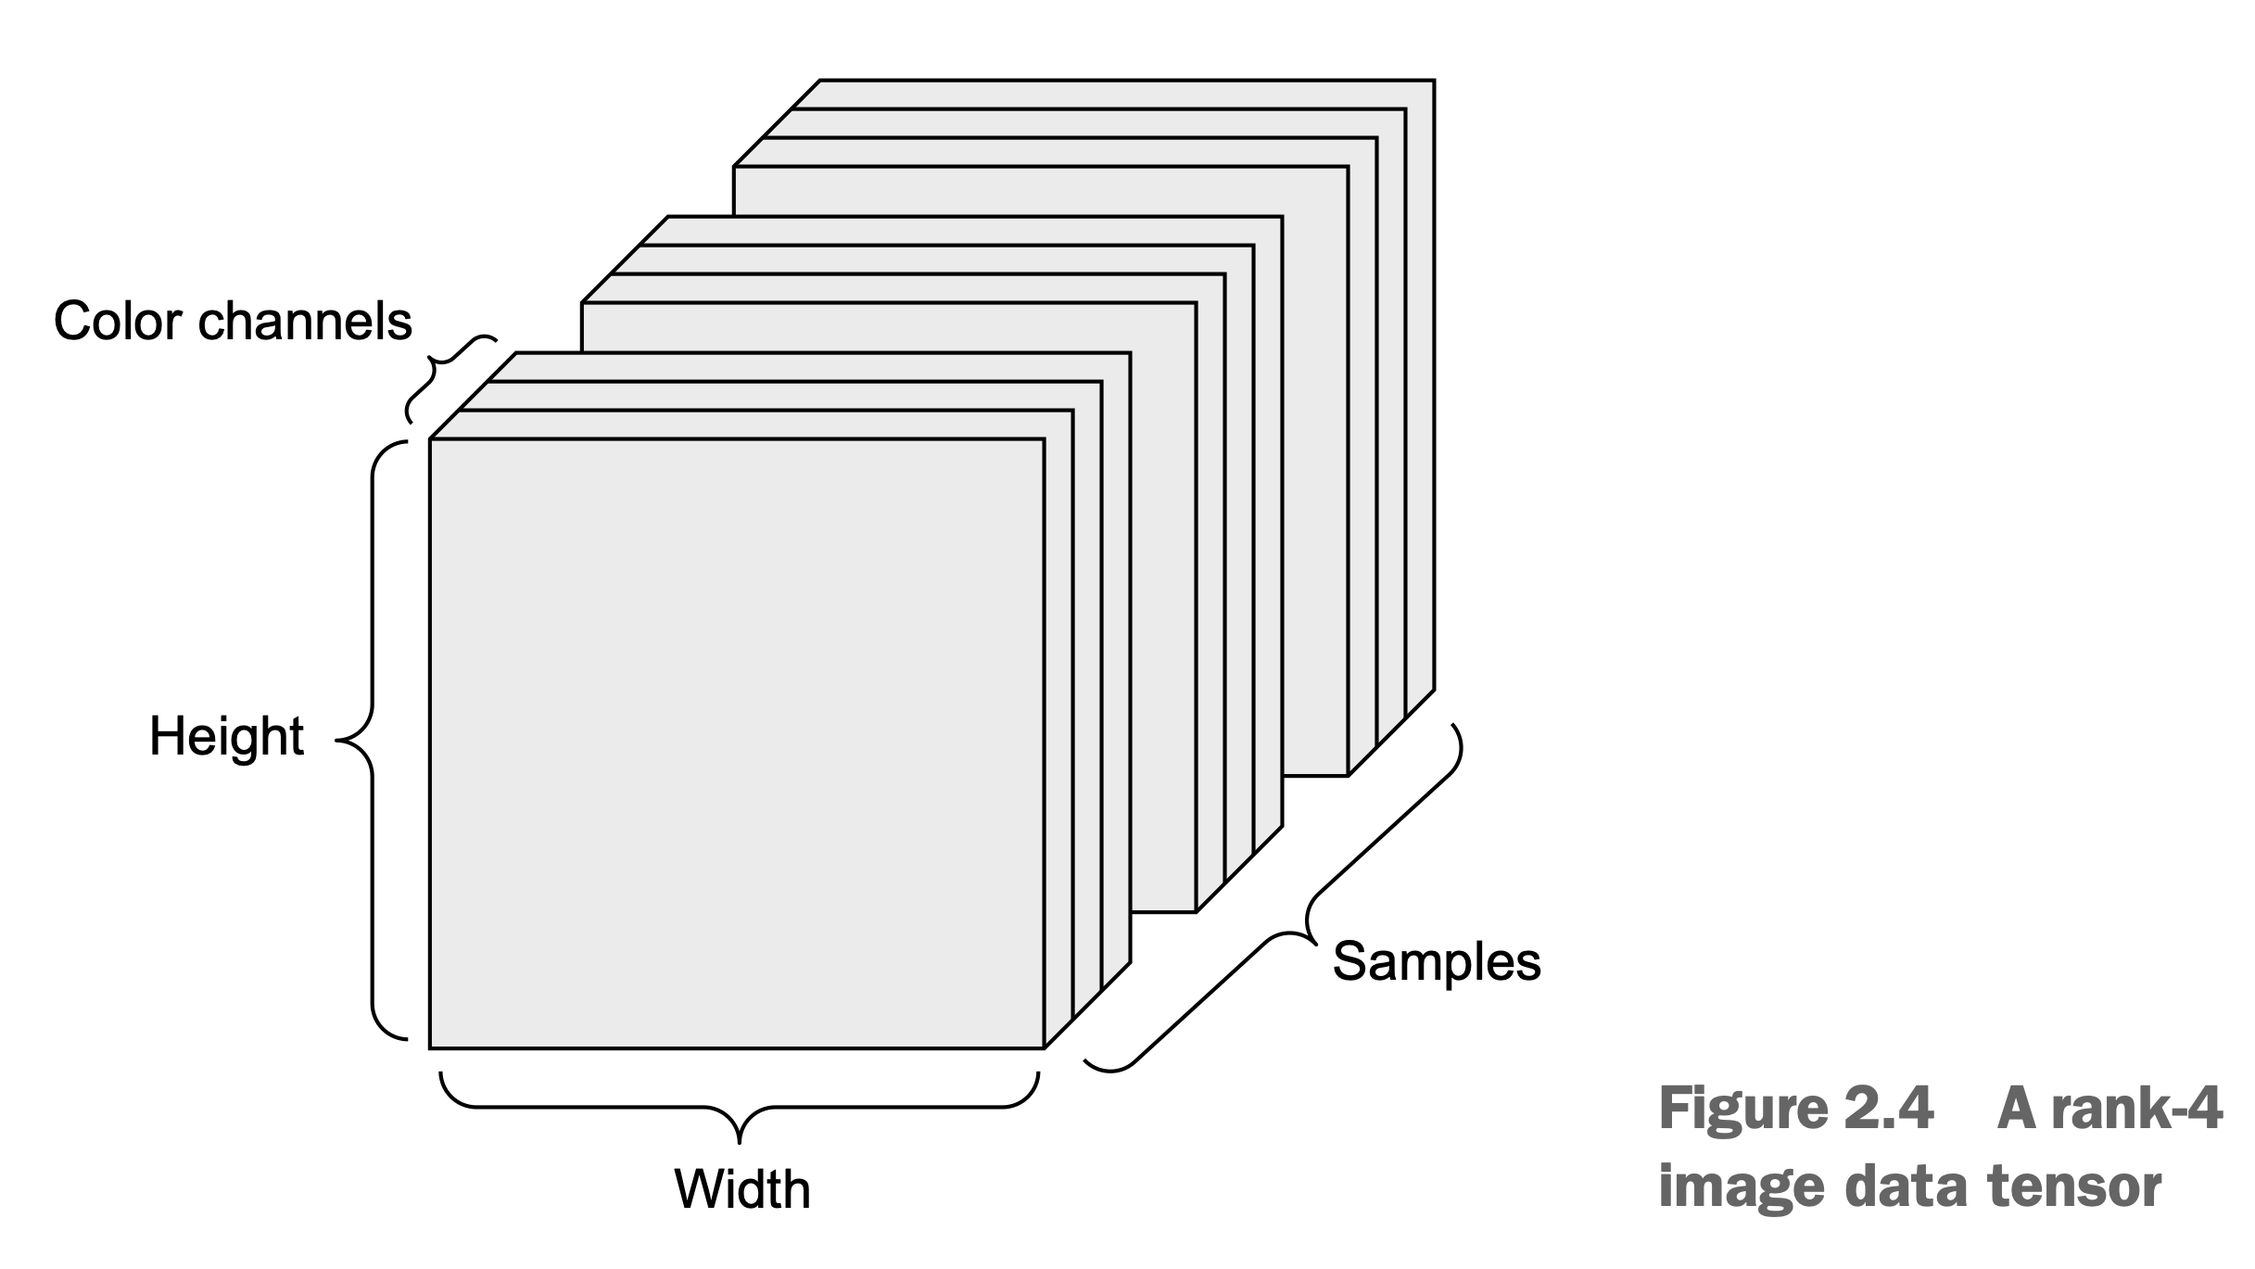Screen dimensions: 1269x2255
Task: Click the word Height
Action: (226, 737)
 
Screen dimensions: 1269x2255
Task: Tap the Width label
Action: (741, 1189)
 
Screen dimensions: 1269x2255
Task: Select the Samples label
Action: (1436, 961)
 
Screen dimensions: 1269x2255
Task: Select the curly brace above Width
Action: (740, 1112)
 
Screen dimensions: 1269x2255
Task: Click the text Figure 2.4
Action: (1796, 1109)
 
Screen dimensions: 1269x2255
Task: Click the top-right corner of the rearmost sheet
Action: (1434, 81)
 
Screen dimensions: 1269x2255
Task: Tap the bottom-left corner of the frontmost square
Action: (430, 1047)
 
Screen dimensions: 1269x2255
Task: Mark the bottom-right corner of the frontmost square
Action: (1045, 1047)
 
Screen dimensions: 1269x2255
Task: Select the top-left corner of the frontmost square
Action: (430, 439)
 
